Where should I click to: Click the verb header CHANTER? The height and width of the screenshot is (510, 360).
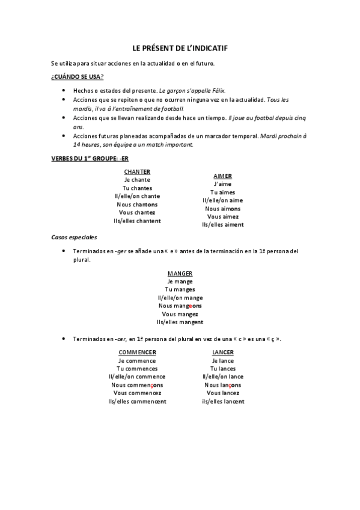137,171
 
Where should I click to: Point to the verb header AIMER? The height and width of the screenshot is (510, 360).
222,176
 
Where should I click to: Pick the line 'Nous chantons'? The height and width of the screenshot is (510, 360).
137,204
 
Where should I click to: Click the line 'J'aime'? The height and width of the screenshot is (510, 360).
222,184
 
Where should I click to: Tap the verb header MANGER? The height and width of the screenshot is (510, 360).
180,273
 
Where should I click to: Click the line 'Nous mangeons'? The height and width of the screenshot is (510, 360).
180,306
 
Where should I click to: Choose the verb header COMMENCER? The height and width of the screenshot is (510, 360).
137,352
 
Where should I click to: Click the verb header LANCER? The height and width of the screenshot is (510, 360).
222,352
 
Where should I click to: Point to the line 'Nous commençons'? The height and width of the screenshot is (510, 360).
137,385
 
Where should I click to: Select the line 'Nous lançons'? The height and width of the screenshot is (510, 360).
222,385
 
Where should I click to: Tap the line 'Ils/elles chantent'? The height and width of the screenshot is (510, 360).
137,221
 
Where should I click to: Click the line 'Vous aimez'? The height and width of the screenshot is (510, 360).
222,217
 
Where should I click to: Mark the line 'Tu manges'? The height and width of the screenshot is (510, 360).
180,289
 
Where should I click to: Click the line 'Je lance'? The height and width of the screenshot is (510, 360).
222,360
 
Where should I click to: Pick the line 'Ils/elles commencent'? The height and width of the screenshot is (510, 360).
137,401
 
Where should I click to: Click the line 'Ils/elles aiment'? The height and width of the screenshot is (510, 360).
222,225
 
